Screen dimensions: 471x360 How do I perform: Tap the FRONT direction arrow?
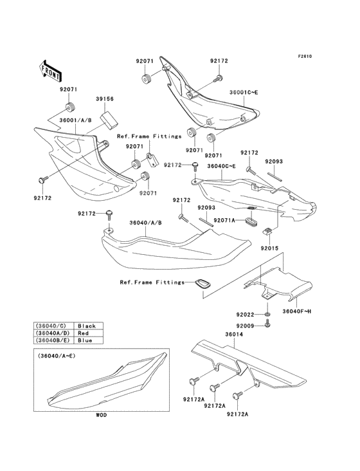(x=51, y=69)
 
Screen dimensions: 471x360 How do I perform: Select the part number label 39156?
(x=105, y=100)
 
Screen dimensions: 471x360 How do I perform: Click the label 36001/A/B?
(x=75, y=119)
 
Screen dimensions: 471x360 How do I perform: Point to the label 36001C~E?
(x=244, y=93)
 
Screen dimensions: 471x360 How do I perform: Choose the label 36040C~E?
(x=221, y=166)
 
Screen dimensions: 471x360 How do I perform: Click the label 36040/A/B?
(x=145, y=223)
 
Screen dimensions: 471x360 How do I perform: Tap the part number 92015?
(x=270, y=248)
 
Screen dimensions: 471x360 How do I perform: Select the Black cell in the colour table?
(x=86, y=326)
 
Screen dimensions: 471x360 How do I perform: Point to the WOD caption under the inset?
(x=102, y=416)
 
